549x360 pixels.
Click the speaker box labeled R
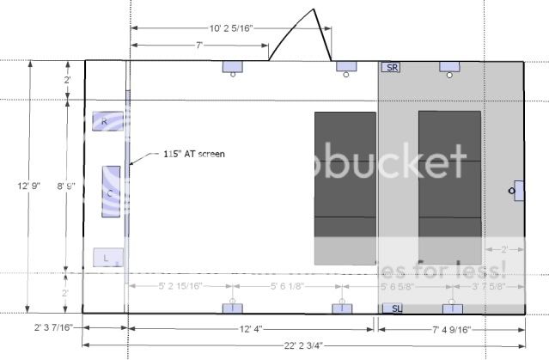click(x=105, y=122)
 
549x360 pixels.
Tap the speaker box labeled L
click(x=104, y=257)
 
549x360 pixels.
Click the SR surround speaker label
click(x=392, y=67)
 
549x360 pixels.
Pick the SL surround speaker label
click(x=391, y=308)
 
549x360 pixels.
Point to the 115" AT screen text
click(x=193, y=155)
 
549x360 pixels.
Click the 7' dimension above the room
click(x=200, y=45)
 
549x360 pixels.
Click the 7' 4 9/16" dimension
click(x=448, y=329)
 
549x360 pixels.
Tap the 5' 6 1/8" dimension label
click(x=285, y=286)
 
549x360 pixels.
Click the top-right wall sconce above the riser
click(x=451, y=67)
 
